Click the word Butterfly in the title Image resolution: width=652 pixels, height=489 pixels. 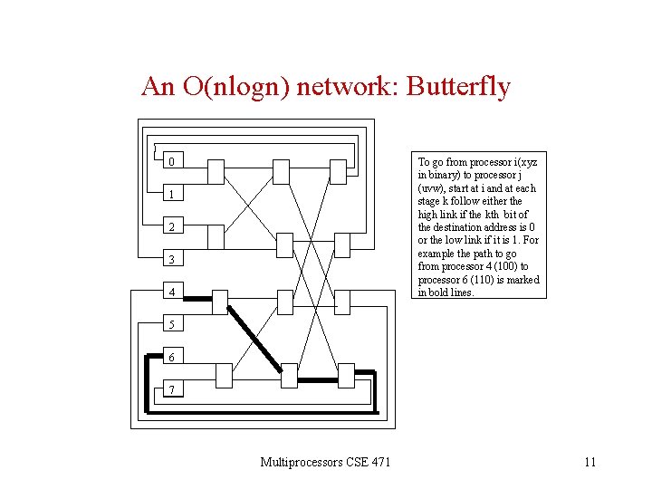click(x=458, y=87)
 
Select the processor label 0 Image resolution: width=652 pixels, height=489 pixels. click(x=170, y=162)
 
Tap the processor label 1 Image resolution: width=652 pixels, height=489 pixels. click(x=170, y=195)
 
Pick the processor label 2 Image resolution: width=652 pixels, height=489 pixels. click(x=170, y=226)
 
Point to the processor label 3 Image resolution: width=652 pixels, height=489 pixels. click(x=170, y=260)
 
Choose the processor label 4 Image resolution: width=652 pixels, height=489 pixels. click(x=170, y=292)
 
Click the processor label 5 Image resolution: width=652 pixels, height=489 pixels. click(x=170, y=324)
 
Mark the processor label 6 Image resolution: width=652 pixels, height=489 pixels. click(x=170, y=357)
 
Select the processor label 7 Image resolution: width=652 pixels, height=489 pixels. click(x=170, y=389)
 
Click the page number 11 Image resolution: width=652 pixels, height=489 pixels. click(x=590, y=463)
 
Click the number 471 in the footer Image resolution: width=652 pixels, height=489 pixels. click(x=380, y=463)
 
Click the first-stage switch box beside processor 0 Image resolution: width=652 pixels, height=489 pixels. click(x=216, y=170)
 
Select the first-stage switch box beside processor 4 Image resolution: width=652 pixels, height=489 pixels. click(x=216, y=302)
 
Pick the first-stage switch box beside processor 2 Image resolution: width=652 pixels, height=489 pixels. click(x=216, y=236)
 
